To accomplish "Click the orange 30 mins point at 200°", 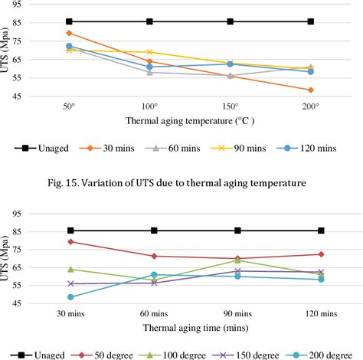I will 311,90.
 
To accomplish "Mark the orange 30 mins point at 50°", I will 69,33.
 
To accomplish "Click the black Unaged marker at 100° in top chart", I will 149,21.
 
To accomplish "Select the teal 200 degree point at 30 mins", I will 71,297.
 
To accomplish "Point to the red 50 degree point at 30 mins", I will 71,242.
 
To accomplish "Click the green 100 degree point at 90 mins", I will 238,260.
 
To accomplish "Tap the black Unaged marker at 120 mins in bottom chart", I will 322,231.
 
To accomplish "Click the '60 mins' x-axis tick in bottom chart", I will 155,314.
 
